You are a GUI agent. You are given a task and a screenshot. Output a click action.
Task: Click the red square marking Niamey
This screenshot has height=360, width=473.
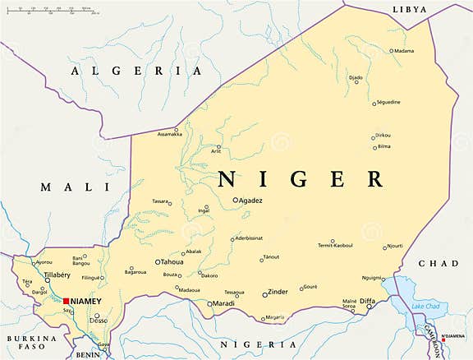(66, 301)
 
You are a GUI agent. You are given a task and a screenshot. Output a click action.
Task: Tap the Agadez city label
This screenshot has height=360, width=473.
(250, 200)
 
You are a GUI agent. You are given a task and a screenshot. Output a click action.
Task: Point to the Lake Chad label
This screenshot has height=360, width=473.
(425, 307)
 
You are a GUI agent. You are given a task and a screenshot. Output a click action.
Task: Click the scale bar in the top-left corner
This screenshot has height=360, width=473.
(49, 12)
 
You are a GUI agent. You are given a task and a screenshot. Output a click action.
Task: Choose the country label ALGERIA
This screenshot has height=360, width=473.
(136, 72)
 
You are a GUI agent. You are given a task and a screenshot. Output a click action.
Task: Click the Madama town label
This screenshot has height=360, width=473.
(403, 51)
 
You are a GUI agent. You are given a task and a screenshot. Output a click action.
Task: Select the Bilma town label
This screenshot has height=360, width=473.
(383, 146)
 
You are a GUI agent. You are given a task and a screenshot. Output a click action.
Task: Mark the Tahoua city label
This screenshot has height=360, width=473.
(172, 262)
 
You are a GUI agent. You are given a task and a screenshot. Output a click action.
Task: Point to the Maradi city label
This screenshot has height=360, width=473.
(223, 304)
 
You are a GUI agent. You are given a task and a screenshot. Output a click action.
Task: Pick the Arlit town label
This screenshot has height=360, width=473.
(216, 151)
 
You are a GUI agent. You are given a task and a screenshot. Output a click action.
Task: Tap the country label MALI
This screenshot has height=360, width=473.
(63, 187)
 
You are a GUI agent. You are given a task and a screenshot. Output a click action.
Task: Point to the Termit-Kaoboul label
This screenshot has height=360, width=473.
(335, 245)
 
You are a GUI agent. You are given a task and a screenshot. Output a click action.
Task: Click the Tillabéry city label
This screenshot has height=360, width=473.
(35, 275)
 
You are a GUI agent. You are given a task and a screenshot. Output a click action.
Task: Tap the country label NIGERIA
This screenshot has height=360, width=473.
(239, 345)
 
